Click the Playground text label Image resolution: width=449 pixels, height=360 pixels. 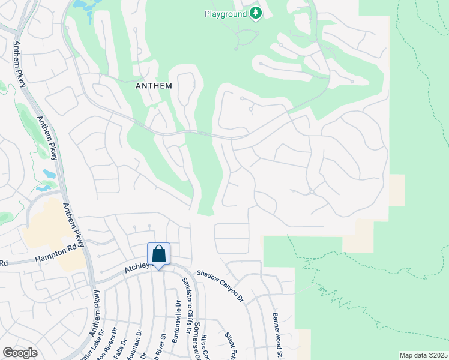[225, 13]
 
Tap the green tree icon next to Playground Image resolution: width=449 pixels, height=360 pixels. [256, 13]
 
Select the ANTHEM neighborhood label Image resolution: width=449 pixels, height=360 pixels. [154, 86]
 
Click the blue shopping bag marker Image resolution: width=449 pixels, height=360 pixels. [158, 255]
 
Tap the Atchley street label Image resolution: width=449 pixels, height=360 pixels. [136, 271]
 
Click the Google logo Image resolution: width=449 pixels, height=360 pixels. [20, 353]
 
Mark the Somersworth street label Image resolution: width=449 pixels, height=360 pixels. [197, 342]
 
